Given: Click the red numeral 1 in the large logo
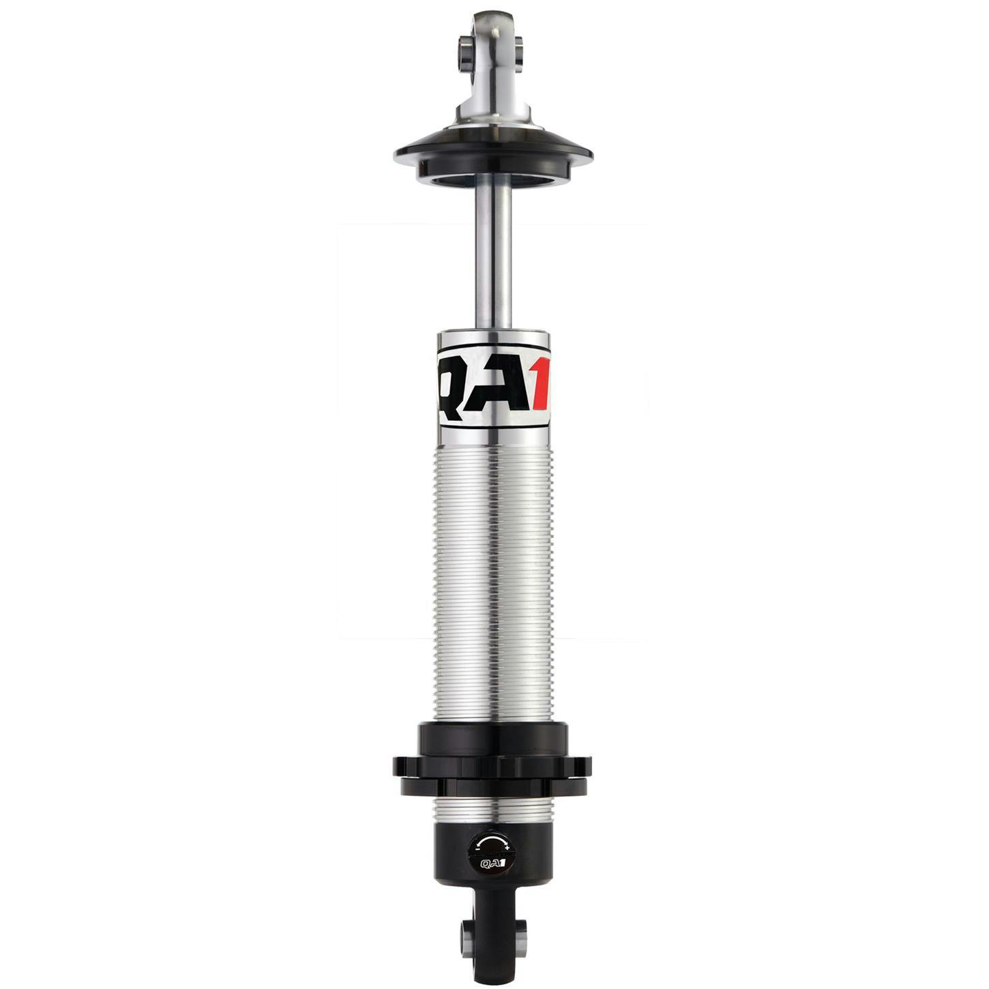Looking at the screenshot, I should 540,387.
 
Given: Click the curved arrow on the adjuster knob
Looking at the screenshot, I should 492,841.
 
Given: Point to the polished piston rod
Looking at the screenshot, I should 494,259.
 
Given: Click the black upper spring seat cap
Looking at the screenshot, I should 492,153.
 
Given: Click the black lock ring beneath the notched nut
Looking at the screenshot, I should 492,788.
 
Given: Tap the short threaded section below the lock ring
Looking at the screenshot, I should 492,810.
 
